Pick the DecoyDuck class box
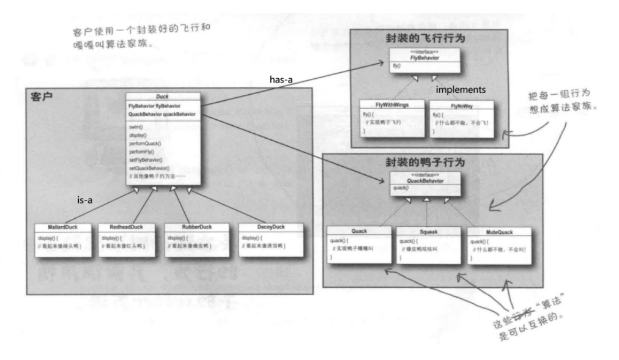[269, 241]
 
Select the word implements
[461, 89]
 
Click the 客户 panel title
[40, 97]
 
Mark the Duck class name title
[162, 97]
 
